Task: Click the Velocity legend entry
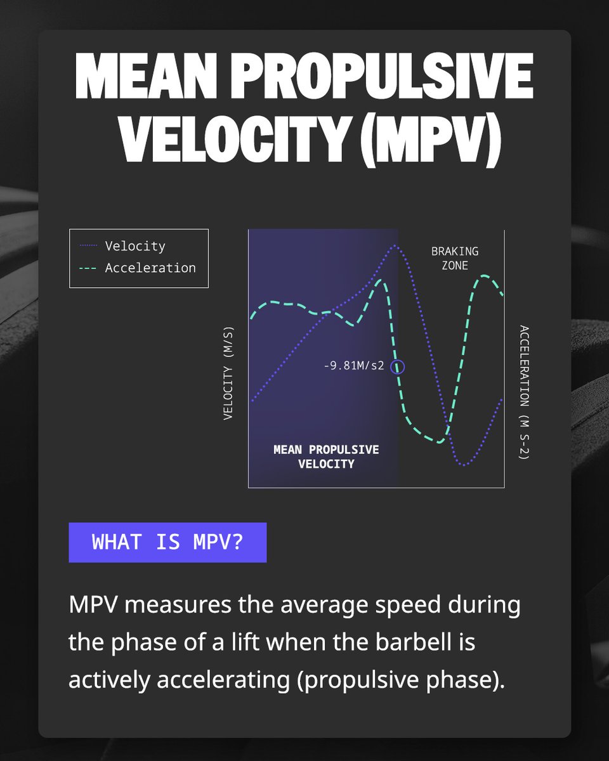coord(135,246)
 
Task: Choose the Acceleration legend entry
coord(150,268)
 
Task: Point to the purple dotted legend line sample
coord(89,246)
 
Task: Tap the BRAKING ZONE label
coord(455,258)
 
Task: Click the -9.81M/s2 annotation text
coord(354,366)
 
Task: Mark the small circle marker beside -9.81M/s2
coord(398,367)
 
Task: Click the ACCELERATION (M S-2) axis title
coord(523,392)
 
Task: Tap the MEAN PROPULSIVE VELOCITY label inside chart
coord(326,457)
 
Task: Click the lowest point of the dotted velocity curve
coord(464,465)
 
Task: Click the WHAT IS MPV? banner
coord(167,542)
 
